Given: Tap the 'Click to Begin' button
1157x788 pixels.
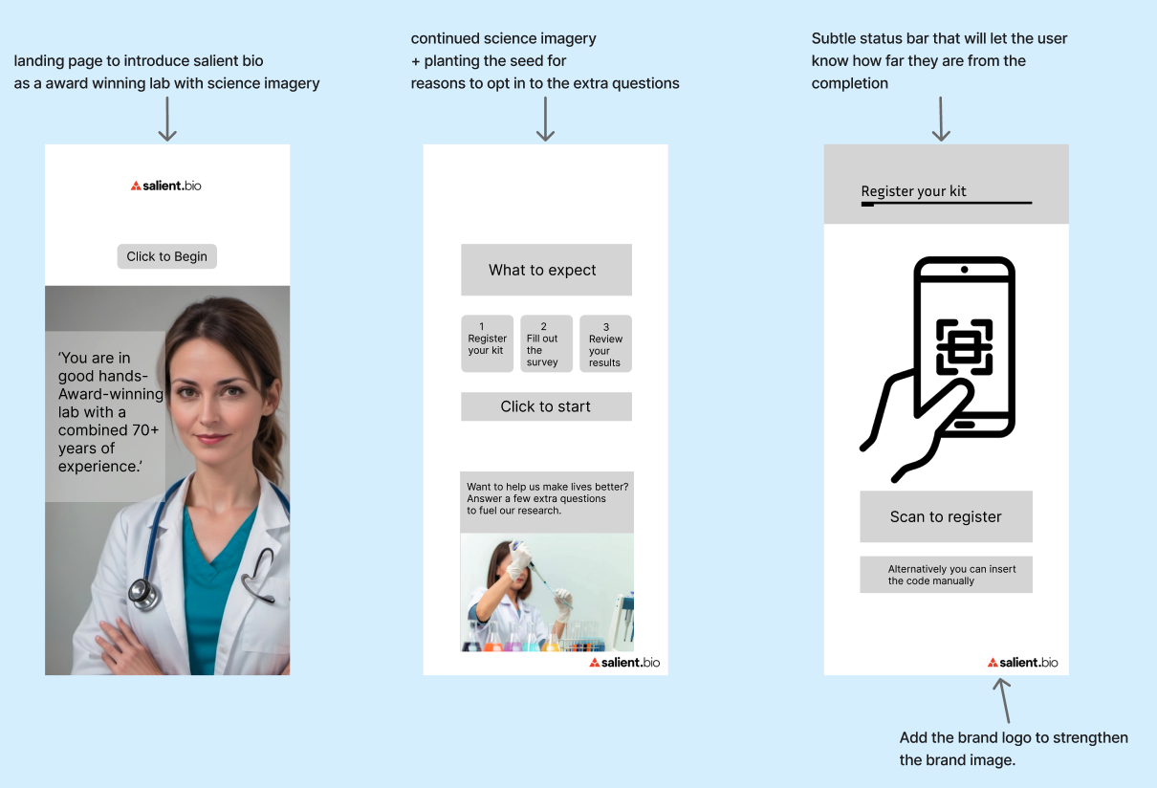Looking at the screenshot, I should [x=167, y=256].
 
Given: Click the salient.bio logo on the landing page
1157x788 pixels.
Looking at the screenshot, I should [x=166, y=186].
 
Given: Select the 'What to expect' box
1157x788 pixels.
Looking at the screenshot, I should [x=546, y=270].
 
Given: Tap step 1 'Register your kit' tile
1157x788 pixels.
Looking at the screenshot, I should [x=487, y=343].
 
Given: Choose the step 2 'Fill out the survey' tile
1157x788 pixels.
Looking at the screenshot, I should [x=546, y=343].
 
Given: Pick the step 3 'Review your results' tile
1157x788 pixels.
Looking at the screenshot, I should [x=605, y=343].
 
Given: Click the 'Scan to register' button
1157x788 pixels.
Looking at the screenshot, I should [x=946, y=516].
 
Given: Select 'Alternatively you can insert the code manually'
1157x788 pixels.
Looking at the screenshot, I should [x=946, y=574].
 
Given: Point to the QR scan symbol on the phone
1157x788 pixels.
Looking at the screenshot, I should [x=964, y=345].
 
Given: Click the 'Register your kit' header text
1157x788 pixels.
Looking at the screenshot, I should [x=913, y=191].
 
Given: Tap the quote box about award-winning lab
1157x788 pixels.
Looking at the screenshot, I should [x=106, y=412].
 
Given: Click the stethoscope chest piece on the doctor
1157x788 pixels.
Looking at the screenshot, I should [x=143, y=593].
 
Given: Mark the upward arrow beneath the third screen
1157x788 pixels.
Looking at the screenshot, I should [x=1002, y=699].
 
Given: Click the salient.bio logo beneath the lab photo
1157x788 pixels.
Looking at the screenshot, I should [x=624, y=662].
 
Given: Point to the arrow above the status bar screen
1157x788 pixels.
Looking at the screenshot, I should [x=941, y=119].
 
